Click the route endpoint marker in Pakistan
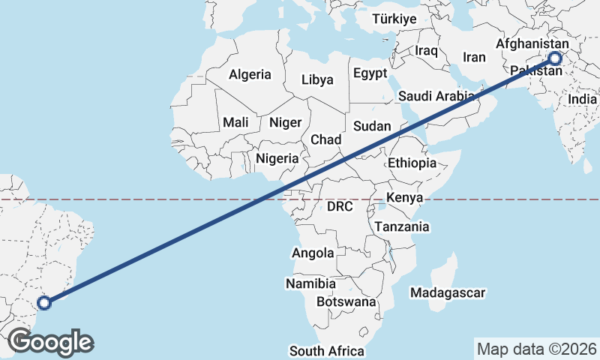555,58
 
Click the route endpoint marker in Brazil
44,303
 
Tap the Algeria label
250,74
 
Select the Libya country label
317,79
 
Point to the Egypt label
370,73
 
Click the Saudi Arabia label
436,96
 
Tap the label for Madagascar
448,293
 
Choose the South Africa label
327,351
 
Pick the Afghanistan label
532,44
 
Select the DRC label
340,206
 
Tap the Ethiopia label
412,163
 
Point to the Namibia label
310,283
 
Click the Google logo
51,342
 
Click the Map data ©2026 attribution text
536,349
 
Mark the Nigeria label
277,158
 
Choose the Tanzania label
402,226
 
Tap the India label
583,99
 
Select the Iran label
475,57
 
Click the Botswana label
346,301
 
